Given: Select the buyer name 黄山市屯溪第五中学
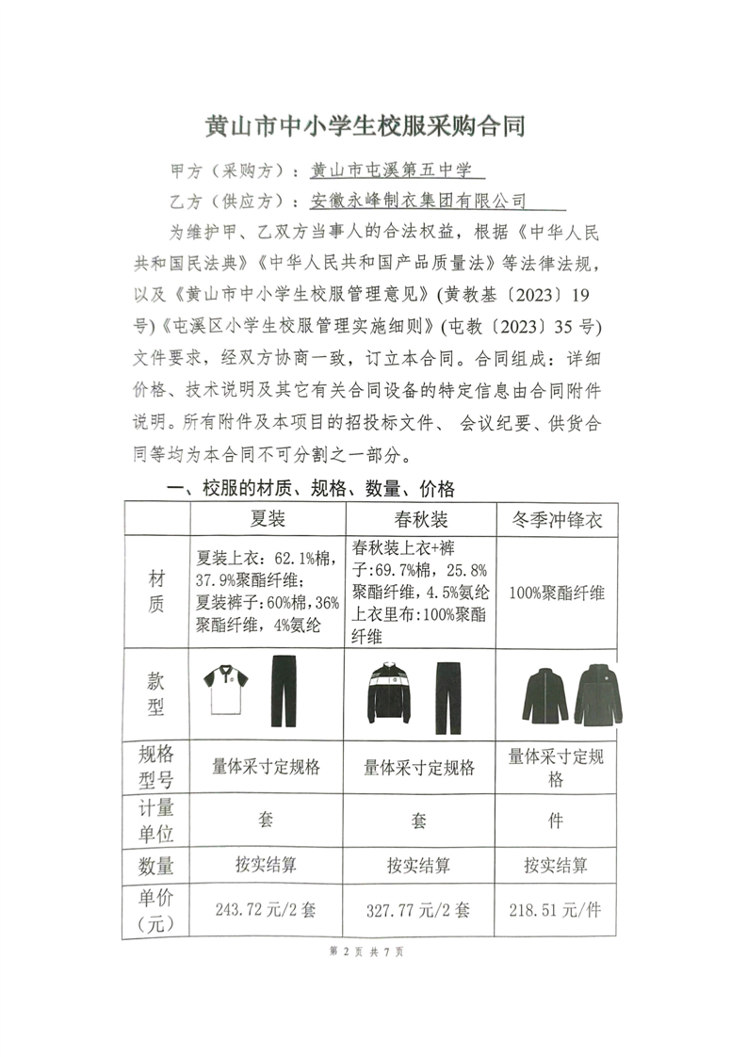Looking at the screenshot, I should (396, 171).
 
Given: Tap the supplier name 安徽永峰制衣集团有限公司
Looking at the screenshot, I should (417, 201).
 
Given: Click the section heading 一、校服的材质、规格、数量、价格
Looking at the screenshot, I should (310, 489).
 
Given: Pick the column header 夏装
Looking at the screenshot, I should (268, 519).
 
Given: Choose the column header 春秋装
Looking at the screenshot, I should (420, 520).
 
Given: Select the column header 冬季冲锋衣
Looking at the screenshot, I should (556, 519).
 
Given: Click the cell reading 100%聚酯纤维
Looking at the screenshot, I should (556, 593).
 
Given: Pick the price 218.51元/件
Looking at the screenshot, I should (555, 910).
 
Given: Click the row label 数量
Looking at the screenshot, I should (156, 865).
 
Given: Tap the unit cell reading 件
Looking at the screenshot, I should (556, 821).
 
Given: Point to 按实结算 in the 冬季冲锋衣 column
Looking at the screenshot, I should (556, 865).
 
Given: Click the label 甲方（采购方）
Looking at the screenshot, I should (226, 171).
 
